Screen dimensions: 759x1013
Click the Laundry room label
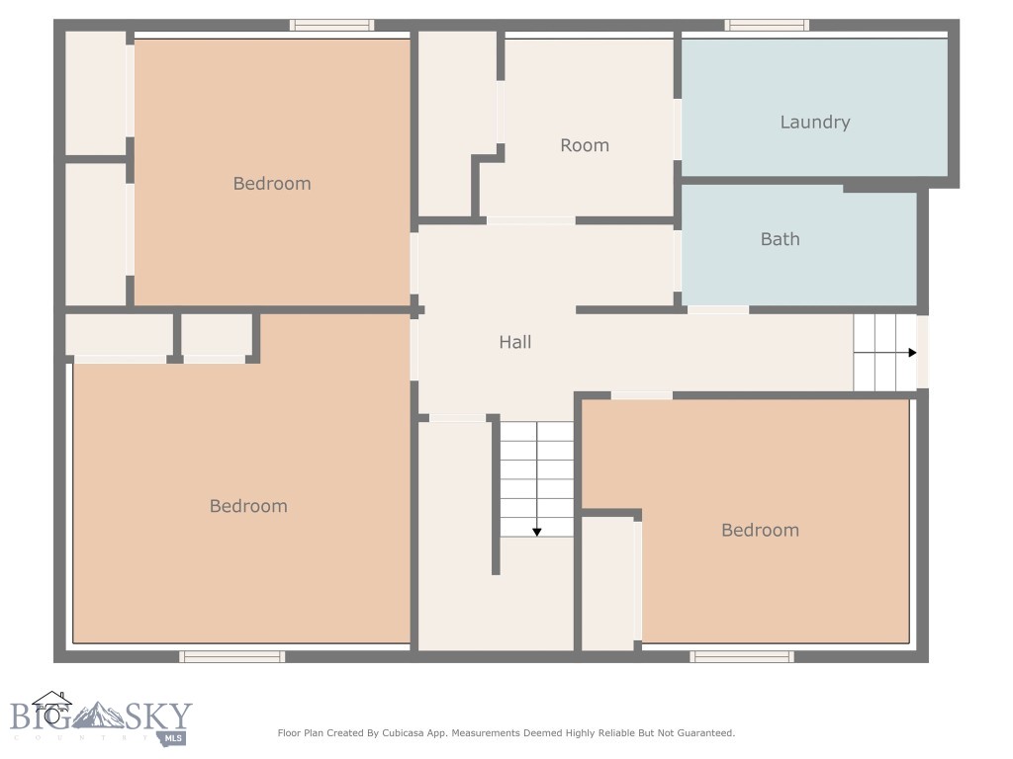814,123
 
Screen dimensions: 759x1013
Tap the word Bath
780,239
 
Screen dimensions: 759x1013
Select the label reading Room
584,145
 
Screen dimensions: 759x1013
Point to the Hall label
514,342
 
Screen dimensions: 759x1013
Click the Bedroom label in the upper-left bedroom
272,183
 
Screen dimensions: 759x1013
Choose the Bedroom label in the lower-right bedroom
760,530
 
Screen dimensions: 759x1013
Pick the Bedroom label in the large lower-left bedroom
248,506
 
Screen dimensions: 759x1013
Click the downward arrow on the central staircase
537,531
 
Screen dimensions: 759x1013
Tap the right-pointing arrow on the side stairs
911,352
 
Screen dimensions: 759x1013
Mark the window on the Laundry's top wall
767,25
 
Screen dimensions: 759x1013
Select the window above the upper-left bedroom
331,25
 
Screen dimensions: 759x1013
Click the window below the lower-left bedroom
232,656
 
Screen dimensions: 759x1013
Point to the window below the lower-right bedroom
742,656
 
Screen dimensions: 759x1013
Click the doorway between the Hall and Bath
717,309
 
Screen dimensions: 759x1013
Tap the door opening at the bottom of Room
530,220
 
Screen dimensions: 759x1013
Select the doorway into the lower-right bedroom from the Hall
641,395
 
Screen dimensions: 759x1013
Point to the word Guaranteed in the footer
703,733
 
